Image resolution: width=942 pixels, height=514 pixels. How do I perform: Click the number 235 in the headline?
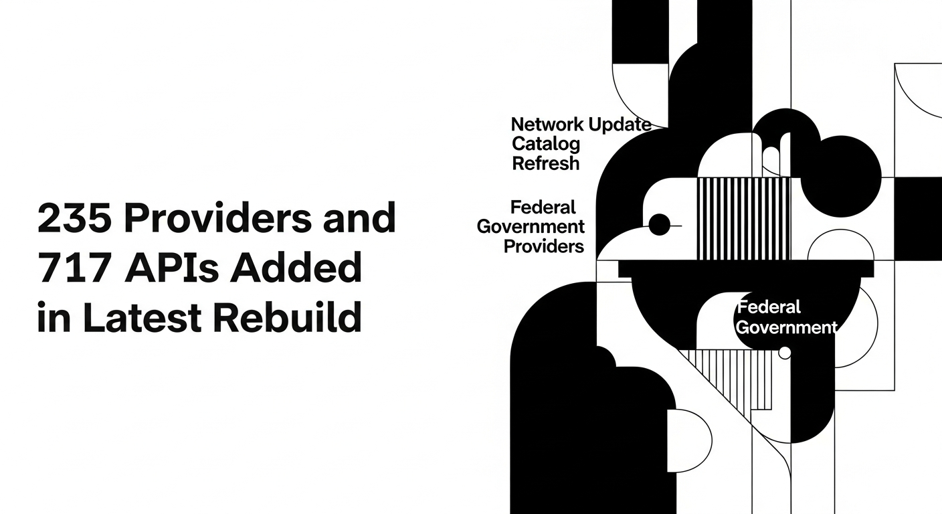(74, 218)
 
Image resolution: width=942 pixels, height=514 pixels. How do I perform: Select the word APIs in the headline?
(171, 267)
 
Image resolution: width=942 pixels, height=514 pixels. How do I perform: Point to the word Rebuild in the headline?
(288, 316)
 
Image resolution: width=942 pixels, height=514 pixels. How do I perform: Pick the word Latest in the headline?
(142, 317)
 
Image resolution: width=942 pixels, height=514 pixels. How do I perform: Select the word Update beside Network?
(620, 125)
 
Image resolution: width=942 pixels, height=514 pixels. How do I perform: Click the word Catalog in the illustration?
(546, 145)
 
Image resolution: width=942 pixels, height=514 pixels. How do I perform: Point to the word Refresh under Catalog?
(546, 163)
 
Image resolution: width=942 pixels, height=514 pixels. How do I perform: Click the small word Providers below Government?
(544, 247)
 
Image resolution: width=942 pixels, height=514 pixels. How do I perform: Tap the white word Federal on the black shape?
(769, 307)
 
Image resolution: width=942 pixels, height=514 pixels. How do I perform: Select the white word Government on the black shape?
(787, 327)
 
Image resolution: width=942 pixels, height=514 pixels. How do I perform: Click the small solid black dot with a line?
(660, 225)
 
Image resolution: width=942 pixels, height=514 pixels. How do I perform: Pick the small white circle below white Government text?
(785, 353)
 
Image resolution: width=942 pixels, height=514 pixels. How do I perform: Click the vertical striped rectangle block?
(744, 218)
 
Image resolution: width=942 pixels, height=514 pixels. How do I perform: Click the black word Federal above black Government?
(543, 207)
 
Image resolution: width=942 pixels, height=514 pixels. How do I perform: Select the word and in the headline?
(359, 218)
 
